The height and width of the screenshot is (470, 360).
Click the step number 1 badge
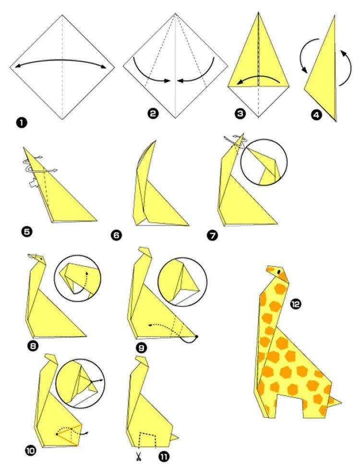(x=22, y=123)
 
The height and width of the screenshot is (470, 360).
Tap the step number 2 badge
(x=153, y=113)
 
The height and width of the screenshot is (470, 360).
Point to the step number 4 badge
(x=316, y=115)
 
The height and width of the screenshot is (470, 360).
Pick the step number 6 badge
(x=116, y=235)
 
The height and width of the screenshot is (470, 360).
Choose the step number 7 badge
(x=212, y=235)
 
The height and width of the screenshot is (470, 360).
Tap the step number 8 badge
(x=33, y=346)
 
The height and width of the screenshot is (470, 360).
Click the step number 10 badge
(x=31, y=450)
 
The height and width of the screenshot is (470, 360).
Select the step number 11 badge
(x=164, y=457)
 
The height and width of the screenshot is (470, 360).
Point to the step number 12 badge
(x=296, y=304)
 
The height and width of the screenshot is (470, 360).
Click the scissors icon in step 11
(x=138, y=457)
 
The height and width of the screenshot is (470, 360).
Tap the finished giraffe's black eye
(x=279, y=272)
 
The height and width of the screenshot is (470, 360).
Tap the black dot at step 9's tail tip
(x=197, y=337)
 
